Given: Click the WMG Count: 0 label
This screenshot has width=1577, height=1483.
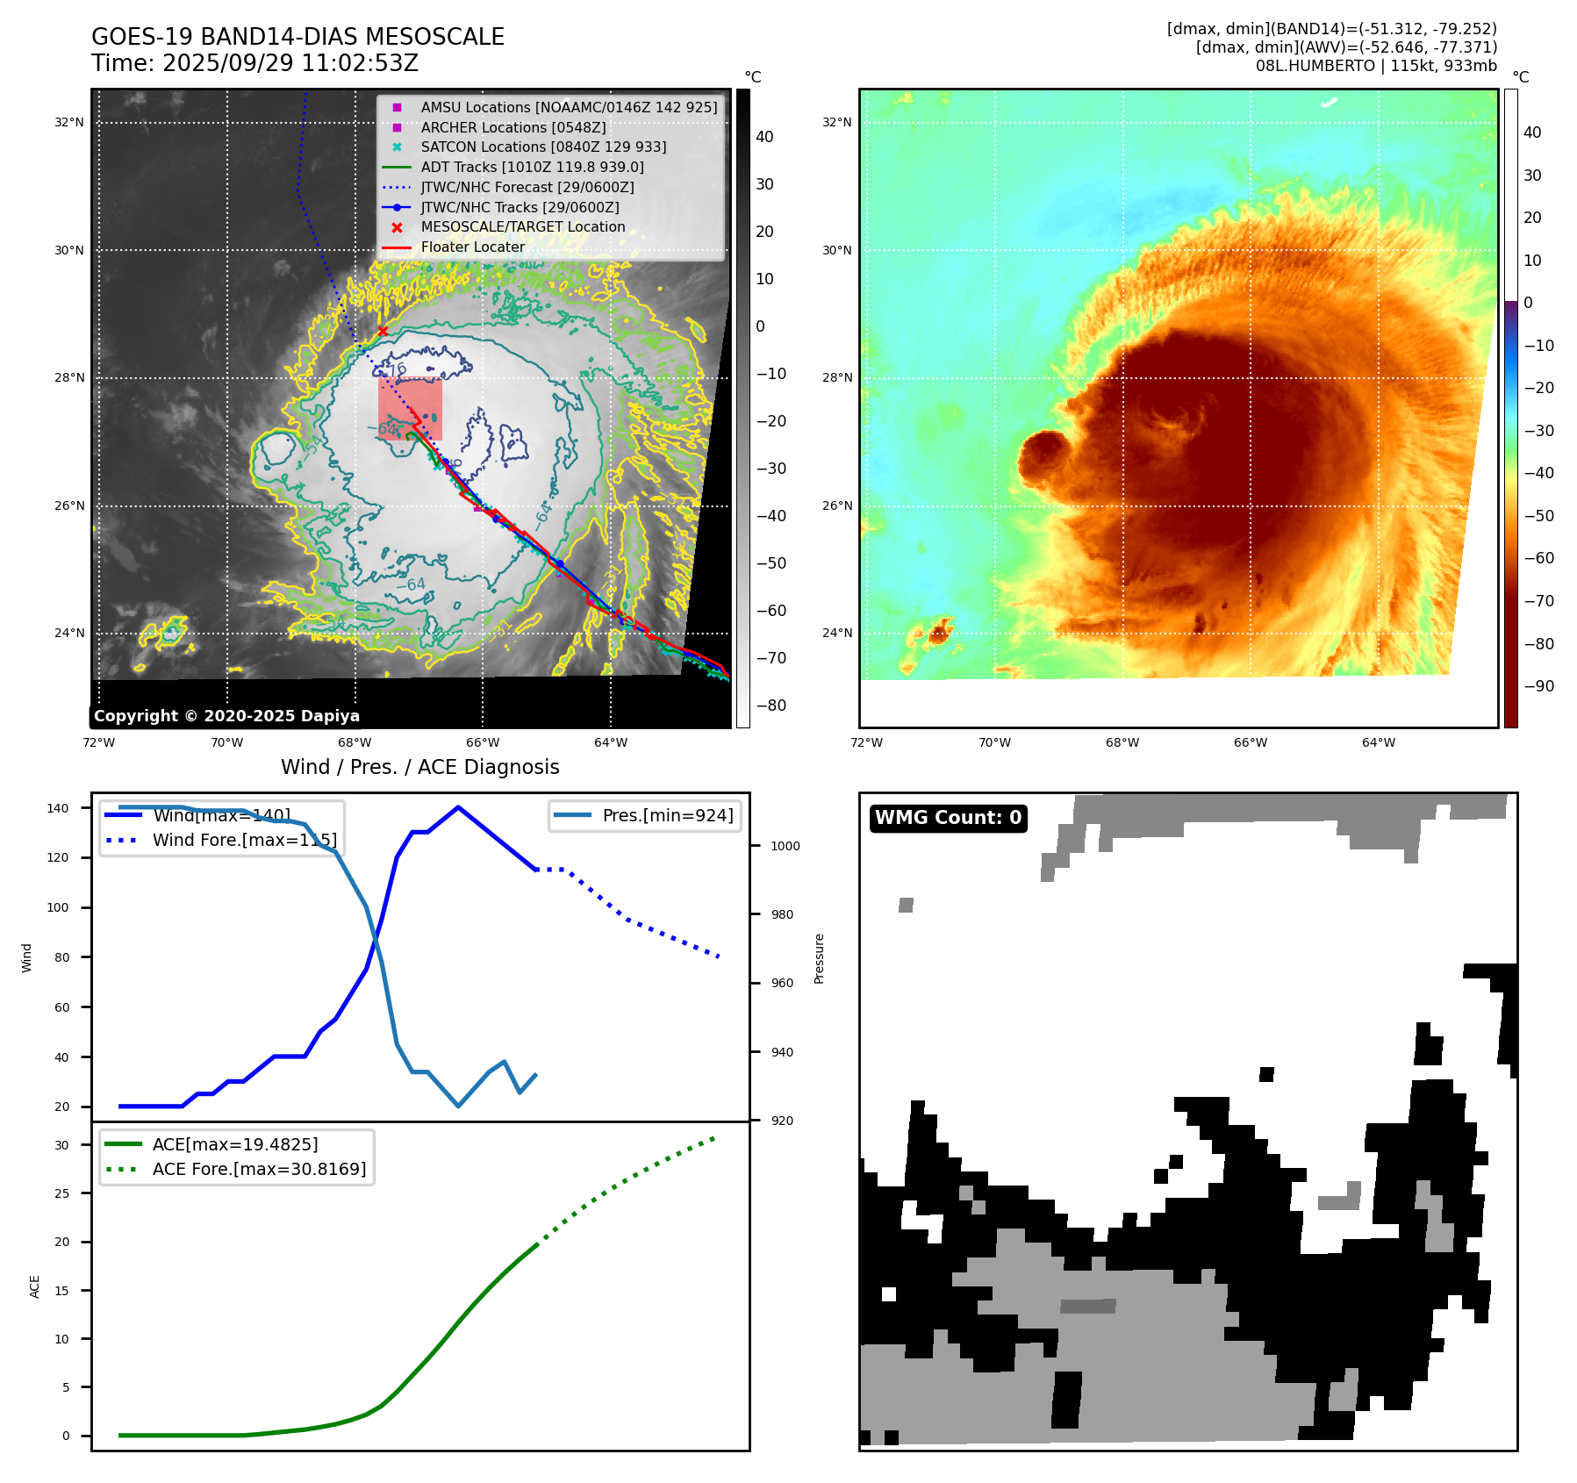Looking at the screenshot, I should click(948, 818).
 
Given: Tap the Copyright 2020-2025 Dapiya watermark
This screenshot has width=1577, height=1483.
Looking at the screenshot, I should click(226, 716).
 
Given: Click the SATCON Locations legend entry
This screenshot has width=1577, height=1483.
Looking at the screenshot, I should click(543, 147).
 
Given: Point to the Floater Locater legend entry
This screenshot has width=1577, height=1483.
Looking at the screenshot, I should click(472, 247).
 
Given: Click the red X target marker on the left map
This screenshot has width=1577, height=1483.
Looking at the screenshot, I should click(383, 331).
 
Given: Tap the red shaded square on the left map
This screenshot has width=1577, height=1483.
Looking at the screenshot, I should click(410, 408).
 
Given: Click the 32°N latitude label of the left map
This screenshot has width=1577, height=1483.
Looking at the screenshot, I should click(69, 122).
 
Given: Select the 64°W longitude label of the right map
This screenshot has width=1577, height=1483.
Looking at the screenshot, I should click(1378, 742).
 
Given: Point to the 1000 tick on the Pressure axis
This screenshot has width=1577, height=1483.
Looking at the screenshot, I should click(785, 846).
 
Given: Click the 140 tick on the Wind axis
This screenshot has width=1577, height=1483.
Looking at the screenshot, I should click(58, 808).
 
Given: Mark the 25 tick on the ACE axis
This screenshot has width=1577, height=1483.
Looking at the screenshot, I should click(61, 1193).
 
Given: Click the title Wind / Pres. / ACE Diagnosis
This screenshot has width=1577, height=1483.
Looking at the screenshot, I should click(419, 767).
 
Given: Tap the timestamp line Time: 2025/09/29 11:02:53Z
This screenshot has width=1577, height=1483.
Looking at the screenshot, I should click(254, 63).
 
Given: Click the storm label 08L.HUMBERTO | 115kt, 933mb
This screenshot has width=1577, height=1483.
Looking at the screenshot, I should click(1375, 66).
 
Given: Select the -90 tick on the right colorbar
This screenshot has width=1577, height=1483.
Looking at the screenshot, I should click(1538, 686).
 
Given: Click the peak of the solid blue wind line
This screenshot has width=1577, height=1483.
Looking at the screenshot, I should click(458, 807).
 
